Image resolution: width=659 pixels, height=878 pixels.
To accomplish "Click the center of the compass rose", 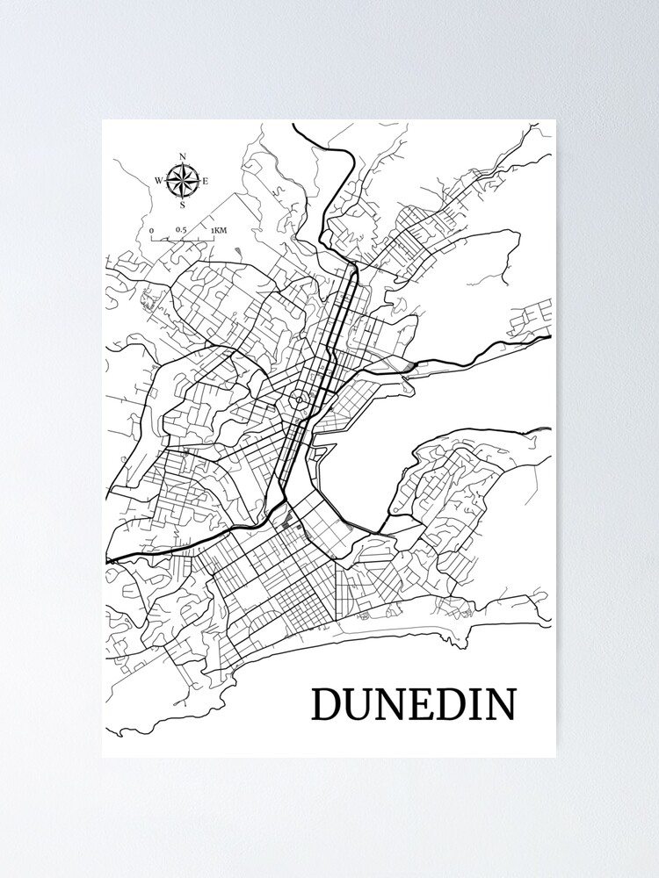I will [182, 182].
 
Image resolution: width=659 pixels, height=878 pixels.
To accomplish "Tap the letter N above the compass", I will [182, 158].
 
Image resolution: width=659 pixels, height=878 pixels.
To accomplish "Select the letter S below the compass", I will [182, 206].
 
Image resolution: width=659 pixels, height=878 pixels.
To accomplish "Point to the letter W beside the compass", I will [159, 182].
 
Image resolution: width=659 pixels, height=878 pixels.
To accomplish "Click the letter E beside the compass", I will [206, 182].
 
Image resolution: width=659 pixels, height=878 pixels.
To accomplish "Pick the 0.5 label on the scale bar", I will [180, 230].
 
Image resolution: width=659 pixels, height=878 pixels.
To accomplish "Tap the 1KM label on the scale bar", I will [218, 230].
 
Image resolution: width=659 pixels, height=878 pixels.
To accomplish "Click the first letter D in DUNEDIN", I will [327, 704].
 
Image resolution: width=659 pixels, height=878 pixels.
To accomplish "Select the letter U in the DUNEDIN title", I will [358, 704].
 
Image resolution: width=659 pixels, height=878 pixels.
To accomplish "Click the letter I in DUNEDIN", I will [474, 704].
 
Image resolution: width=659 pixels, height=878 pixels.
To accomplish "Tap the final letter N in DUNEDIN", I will [500, 704].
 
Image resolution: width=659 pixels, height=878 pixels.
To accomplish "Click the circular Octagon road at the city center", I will [300, 400].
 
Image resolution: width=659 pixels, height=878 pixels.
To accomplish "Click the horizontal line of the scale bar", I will [183, 239].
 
